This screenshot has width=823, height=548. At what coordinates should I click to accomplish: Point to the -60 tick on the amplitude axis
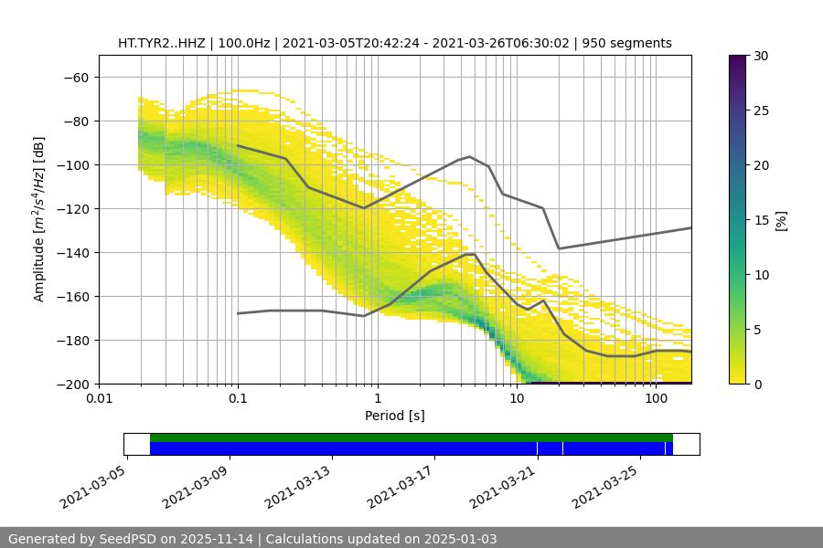click(x=75, y=77)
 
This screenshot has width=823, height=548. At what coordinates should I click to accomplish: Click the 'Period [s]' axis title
click(x=395, y=416)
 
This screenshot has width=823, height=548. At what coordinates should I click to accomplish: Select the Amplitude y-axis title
click(x=39, y=219)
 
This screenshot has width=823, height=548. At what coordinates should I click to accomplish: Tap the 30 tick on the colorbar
click(x=761, y=56)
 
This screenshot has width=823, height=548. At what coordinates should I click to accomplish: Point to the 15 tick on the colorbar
click(x=761, y=220)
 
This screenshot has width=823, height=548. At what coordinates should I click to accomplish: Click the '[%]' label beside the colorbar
click(x=781, y=220)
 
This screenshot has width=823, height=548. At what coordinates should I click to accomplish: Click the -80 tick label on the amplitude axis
click(x=75, y=121)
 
